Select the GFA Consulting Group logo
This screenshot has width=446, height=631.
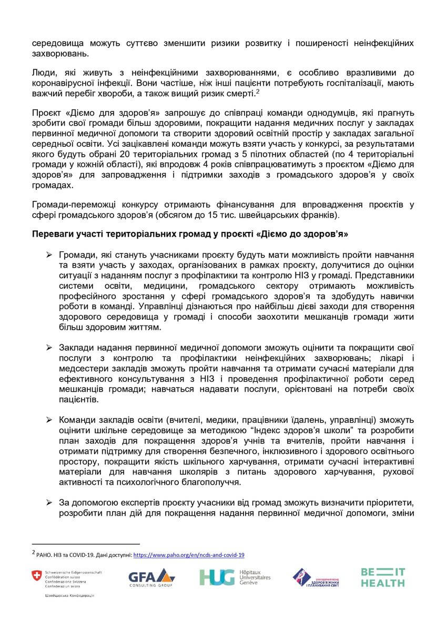151,577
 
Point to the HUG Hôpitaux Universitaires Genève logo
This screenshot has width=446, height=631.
235,577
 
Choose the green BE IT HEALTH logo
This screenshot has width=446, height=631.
383,577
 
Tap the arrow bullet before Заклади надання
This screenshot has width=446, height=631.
48,348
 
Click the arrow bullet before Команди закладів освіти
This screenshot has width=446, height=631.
48,419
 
